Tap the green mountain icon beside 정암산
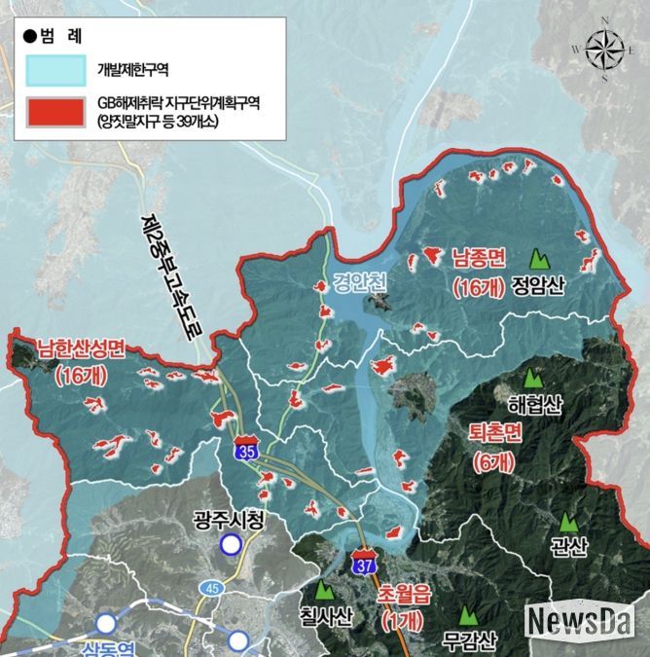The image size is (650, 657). [x=536, y=259]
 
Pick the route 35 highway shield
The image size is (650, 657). [x=246, y=450]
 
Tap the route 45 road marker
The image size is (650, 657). [x=210, y=588]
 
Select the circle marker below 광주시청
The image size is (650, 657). [x=230, y=545]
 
